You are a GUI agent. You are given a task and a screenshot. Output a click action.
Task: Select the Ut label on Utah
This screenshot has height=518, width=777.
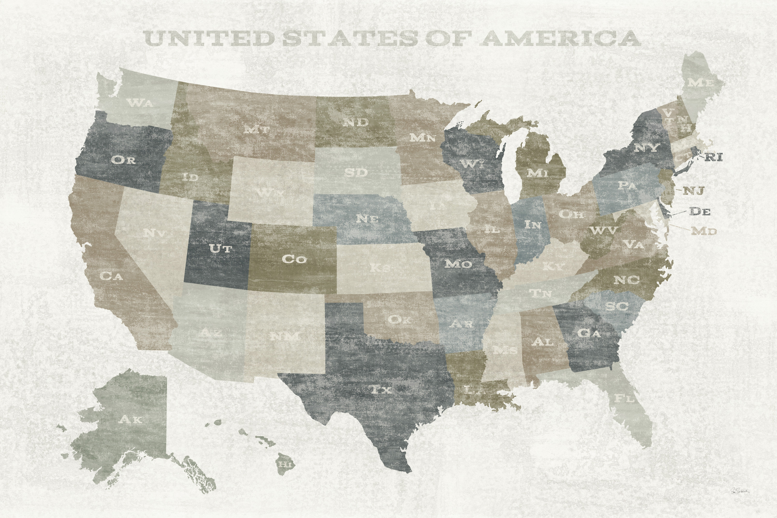221,248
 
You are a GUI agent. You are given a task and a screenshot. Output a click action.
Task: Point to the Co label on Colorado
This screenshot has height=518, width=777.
294,259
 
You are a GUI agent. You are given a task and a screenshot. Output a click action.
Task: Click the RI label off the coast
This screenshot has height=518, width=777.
714,157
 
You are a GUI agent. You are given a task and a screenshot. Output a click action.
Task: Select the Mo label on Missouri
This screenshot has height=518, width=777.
458,264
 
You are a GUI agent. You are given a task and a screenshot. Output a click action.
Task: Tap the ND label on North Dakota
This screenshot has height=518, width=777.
355,123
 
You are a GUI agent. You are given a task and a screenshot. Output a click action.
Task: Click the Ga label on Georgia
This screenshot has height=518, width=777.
588,333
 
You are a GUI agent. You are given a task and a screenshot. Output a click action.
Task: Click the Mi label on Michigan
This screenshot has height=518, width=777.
537,172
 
